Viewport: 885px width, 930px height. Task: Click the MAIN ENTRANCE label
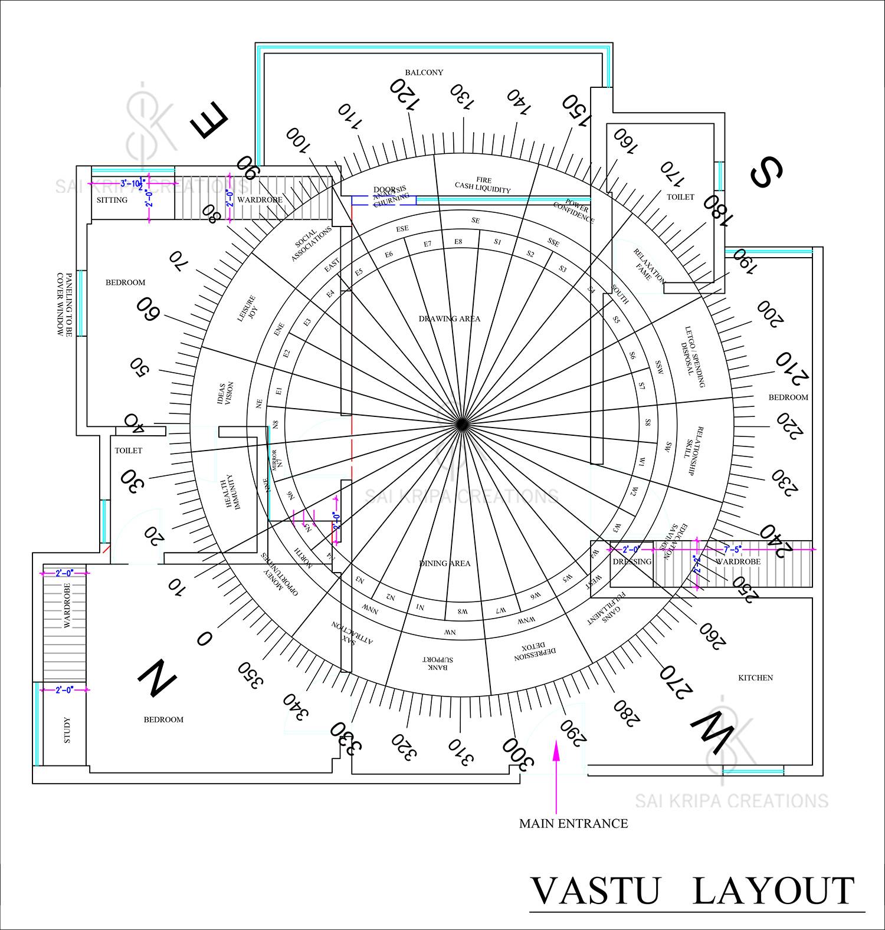pyautogui.click(x=573, y=823)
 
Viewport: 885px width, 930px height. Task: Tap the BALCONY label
pyautogui.click(x=424, y=73)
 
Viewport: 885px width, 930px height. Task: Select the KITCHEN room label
pyautogui.click(x=755, y=678)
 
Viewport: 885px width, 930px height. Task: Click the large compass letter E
pyautogui.click(x=209, y=121)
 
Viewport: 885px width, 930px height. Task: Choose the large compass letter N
pyautogui.click(x=156, y=678)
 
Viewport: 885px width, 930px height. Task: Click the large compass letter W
pyautogui.click(x=712, y=731)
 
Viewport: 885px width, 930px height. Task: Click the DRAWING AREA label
pyautogui.click(x=450, y=318)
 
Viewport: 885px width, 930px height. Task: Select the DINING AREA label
pyautogui.click(x=445, y=563)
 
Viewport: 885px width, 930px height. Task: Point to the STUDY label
pyautogui.click(x=66, y=730)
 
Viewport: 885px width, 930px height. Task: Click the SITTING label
pyautogui.click(x=112, y=200)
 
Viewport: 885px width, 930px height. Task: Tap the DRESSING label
pyautogui.click(x=632, y=561)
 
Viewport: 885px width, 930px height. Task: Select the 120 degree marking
pyautogui.click(x=405, y=94)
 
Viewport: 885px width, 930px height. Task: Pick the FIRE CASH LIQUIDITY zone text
pyautogui.click(x=483, y=185)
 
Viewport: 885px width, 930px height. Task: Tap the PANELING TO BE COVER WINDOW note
pyautogui.click(x=64, y=304)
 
